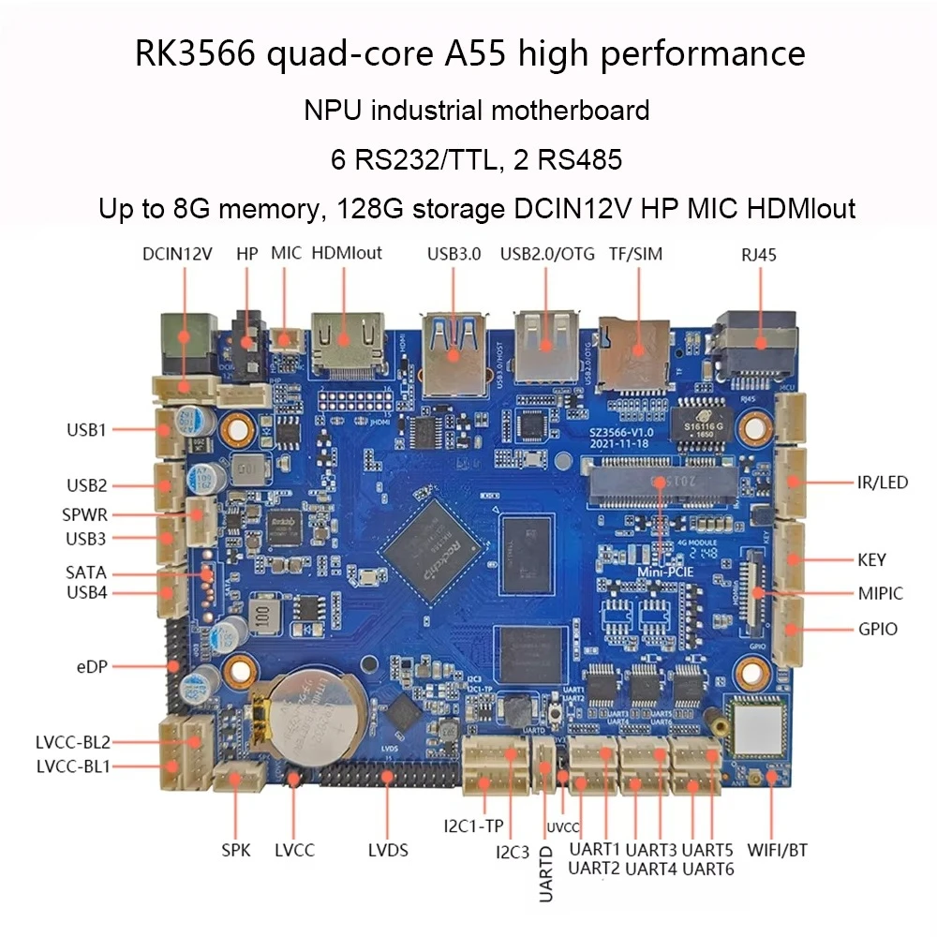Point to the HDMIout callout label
click(346, 254)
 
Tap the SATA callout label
click(86, 573)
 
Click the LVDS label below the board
click(388, 851)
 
